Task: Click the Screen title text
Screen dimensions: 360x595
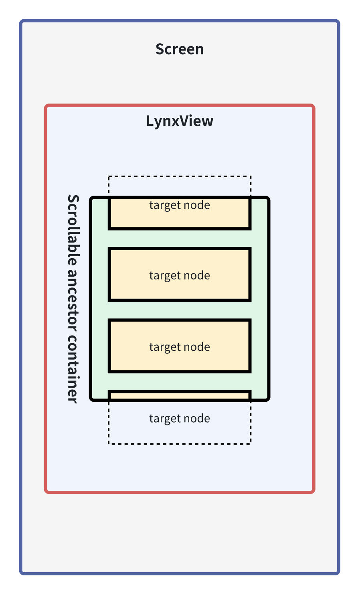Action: [180, 49]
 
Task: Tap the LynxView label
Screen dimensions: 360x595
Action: [180, 121]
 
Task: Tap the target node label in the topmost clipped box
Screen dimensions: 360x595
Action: [180, 205]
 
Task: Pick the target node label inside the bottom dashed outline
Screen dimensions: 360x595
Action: [180, 419]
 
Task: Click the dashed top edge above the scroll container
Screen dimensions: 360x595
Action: [180, 176]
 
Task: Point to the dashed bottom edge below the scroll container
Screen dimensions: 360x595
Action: [180, 443]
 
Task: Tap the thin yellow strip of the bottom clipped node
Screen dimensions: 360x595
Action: [180, 396]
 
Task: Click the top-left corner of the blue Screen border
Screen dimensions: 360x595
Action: [21, 21]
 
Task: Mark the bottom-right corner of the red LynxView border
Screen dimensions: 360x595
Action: [314, 492]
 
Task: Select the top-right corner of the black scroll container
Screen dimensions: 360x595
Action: [269, 198]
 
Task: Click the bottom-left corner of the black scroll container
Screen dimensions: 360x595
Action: [91, 400]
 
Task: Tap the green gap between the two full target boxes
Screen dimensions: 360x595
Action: [180, 310]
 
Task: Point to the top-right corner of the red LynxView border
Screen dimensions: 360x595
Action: [314, 105]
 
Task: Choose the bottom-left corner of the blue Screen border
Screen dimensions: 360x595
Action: [21, 573]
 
